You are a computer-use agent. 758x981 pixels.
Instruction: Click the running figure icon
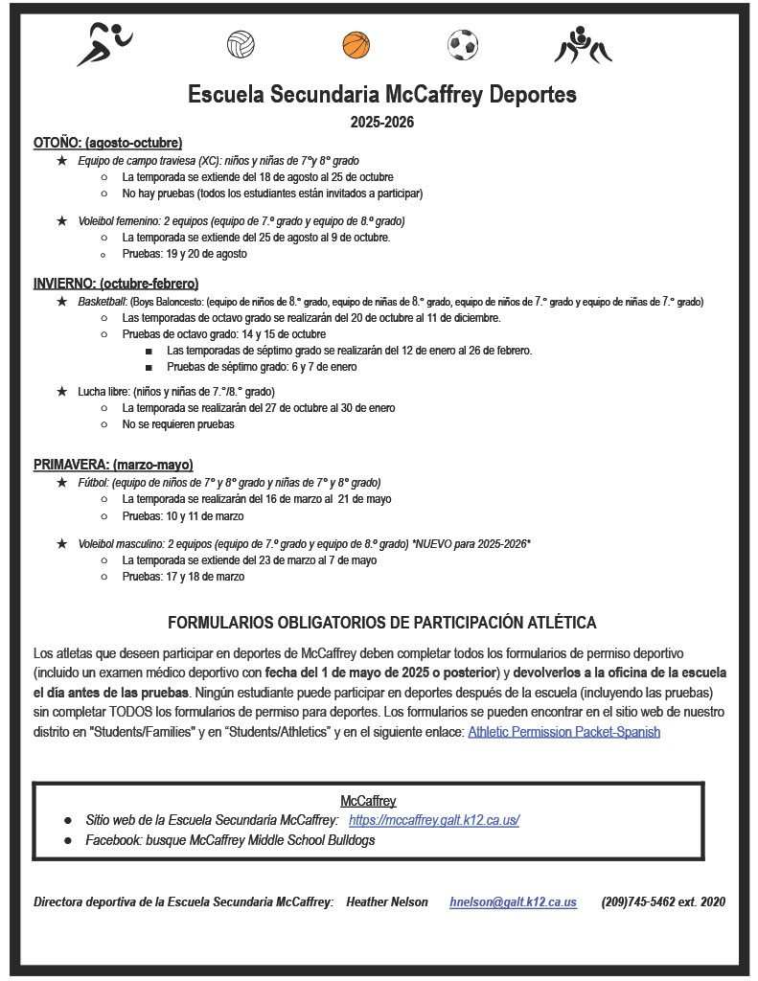click(x=104, y=44)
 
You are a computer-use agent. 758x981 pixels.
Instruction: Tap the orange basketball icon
click(x=356, y=44)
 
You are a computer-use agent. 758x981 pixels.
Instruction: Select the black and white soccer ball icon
click(x=462, y=44)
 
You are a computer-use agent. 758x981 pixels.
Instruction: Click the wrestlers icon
click(x=583, y=44)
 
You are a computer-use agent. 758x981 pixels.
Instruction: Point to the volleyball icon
click(x=241, y=44)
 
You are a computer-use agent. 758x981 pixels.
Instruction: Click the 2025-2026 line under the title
click(x=381, y=123)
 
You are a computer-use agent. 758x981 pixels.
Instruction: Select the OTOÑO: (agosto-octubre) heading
click(x=107, y=143)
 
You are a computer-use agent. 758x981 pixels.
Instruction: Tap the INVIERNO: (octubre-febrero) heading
click(x=116, y=284)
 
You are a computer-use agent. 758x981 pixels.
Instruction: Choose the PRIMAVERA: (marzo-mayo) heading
click(x=113, y=465)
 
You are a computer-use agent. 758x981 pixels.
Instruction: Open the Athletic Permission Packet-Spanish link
click(x=563, y=732)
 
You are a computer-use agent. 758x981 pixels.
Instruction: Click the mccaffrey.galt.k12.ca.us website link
click(x=434, y=820)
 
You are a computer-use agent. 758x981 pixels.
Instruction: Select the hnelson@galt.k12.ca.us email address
click(x=513, y=901)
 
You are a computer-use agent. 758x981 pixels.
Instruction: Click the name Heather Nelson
click(x=387, y=901)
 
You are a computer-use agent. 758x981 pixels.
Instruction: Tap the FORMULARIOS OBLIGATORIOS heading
click(x=381, y=623)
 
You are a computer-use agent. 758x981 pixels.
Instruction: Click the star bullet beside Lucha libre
click(x=62, y=391)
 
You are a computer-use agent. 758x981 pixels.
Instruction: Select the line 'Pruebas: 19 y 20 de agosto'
click(x=184, y=254)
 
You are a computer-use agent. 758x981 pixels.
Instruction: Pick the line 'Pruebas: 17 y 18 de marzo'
click(x=183, y=577)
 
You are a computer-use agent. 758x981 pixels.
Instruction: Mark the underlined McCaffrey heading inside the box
click(x=368, y=801)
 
